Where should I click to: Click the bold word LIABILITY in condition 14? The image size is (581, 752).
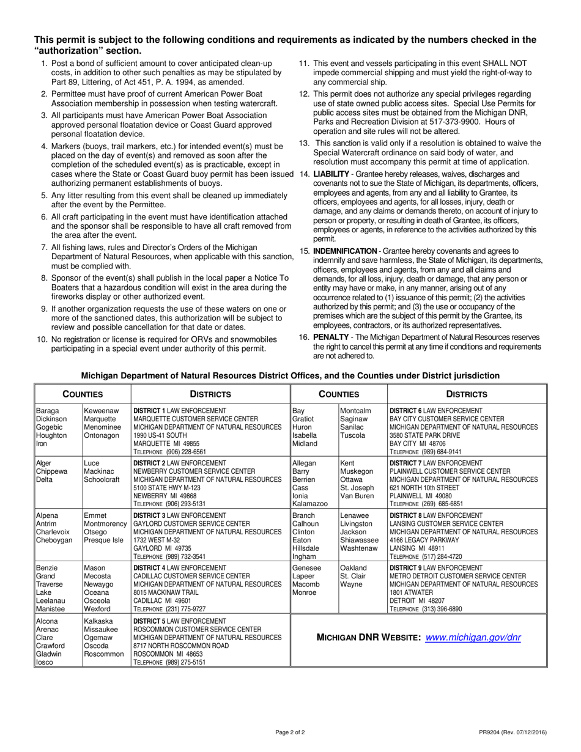coord(332,175)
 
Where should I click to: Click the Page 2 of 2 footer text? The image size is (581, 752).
coord(290,731)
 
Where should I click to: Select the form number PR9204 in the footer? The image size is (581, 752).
coord(493,731)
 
